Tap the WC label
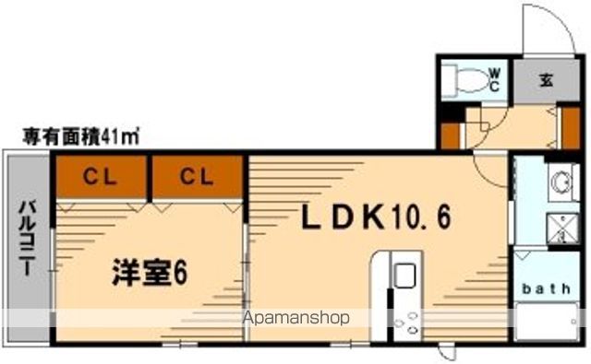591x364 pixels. click(x=494, y=79)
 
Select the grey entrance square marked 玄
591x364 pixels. click(x=547, y=81)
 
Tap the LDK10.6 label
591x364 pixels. click(x=379, y=217)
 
